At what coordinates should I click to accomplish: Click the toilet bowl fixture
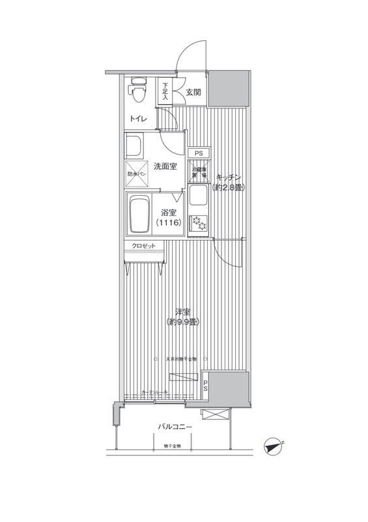point(136,91)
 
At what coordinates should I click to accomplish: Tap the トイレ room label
point(137,119)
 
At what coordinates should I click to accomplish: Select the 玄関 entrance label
point(193,92)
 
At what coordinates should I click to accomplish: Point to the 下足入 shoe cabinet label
point(165,91)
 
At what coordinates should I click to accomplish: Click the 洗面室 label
point(165,166)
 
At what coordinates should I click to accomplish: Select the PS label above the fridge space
point(199,153)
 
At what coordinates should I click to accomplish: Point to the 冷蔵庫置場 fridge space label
point(199,173)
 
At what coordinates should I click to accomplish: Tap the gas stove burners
point(198,224)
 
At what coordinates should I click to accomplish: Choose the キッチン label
point(229,177)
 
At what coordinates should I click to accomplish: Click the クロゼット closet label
point(143,245)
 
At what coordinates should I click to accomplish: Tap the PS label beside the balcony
point(206,386)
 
